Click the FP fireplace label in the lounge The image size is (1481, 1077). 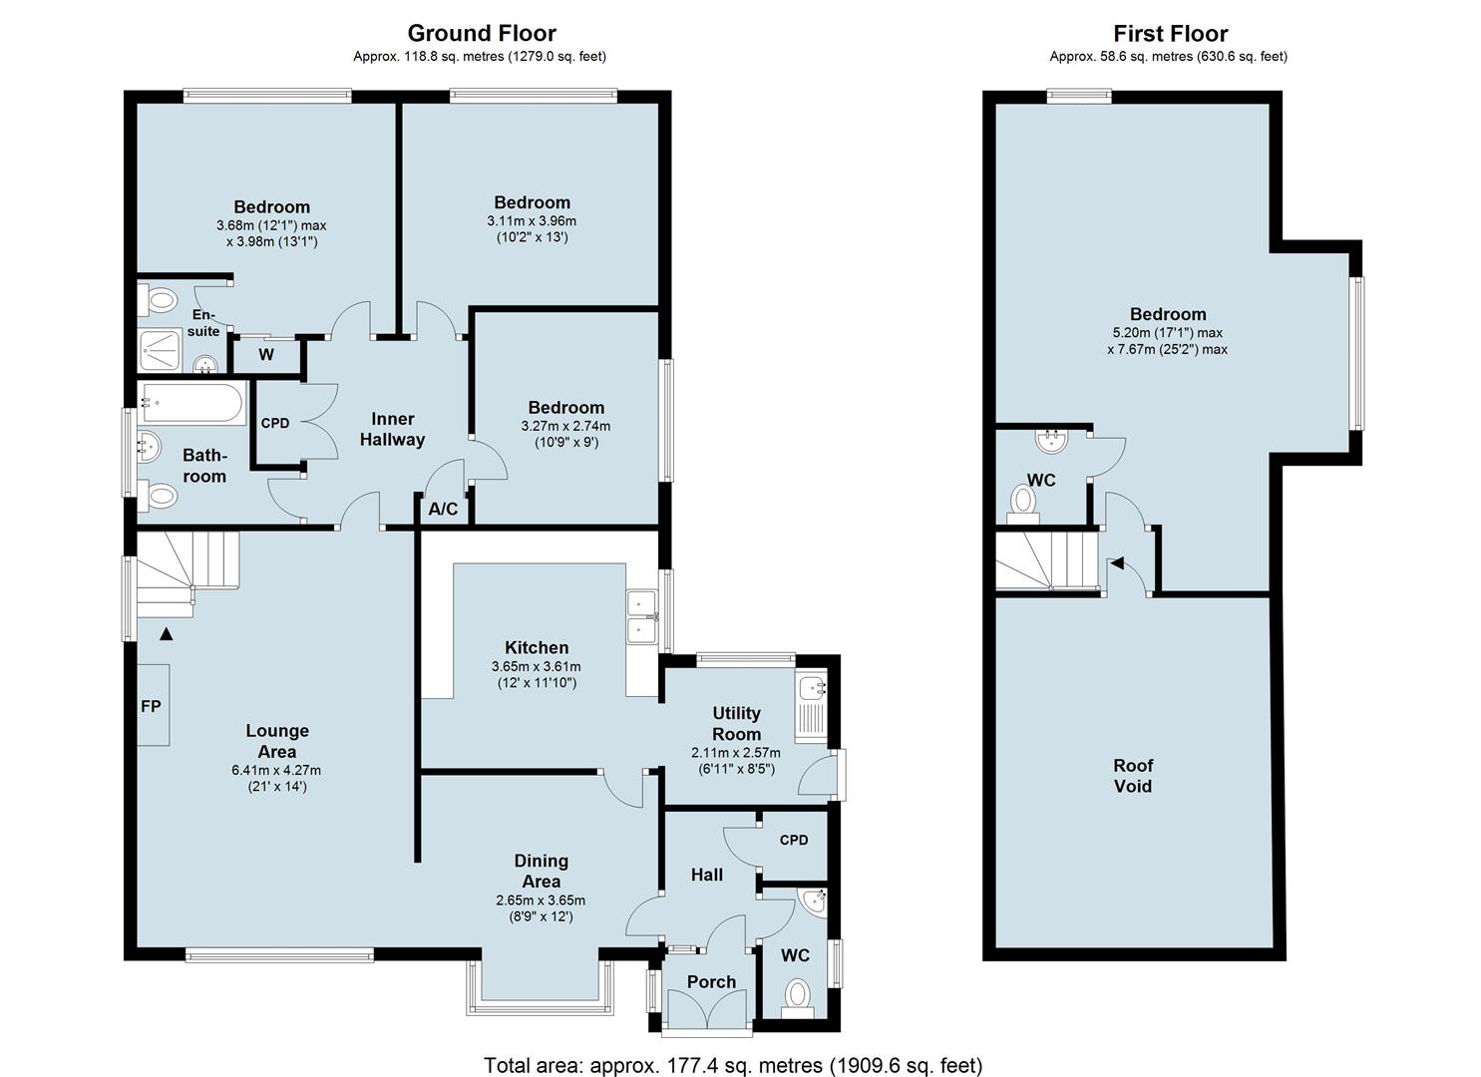pos(151,706)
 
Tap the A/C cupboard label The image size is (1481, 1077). pos(443,509)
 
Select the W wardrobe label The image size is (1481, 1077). pos(266,355)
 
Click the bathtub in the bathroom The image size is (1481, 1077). pos(191,402)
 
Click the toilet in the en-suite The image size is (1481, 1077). pos(158,301)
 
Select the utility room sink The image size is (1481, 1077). pos(811,689)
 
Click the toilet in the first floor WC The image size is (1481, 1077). pos(1023,505)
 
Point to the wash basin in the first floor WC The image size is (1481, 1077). pos(1052,441)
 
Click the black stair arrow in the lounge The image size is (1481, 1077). pos(167,634)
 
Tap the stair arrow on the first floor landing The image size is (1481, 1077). pos(1117,563)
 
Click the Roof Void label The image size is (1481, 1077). pos(1133,776)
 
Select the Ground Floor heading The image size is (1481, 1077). pos(482,33)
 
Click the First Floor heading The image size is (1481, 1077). pos(1170,33)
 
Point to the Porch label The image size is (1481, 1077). pos(711,982)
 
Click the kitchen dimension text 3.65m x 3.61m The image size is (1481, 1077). pos(537,666)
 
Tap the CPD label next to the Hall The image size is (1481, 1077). pos(794,840)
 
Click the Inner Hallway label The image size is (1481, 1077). pos(392,429)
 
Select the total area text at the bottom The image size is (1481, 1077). pos(733,1065)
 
